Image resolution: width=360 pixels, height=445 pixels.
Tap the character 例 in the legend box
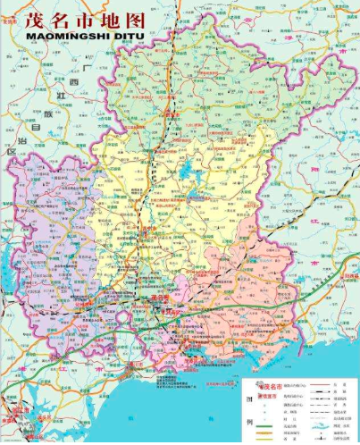(249, 421)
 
